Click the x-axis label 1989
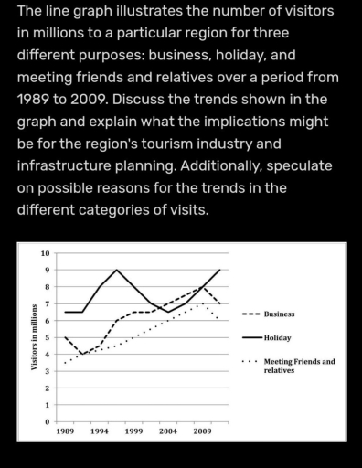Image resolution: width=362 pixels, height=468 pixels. click(66, 430)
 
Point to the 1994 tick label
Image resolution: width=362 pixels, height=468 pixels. click(100, 430)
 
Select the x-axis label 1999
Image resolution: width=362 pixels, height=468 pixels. click(133, 430)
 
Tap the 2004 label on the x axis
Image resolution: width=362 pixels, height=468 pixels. click(167, 430)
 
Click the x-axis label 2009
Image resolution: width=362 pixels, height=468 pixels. click(201, 430)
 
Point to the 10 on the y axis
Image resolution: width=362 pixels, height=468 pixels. click(45, 253)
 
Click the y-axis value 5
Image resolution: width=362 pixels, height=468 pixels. click(47, 337)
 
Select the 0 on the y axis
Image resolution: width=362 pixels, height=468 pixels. click(47, 421)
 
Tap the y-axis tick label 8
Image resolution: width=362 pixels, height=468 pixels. click(47, 287)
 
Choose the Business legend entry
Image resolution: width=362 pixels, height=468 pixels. click(279, 314)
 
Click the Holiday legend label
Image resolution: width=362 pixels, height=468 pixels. click(277, 337)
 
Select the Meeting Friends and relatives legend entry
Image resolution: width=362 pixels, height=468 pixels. click(298, 366)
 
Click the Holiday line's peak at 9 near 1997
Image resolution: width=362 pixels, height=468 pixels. click(117, 270)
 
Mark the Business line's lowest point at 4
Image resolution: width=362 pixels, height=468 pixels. click(82, 355)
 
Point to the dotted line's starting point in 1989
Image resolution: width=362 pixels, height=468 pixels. click(65, 363)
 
